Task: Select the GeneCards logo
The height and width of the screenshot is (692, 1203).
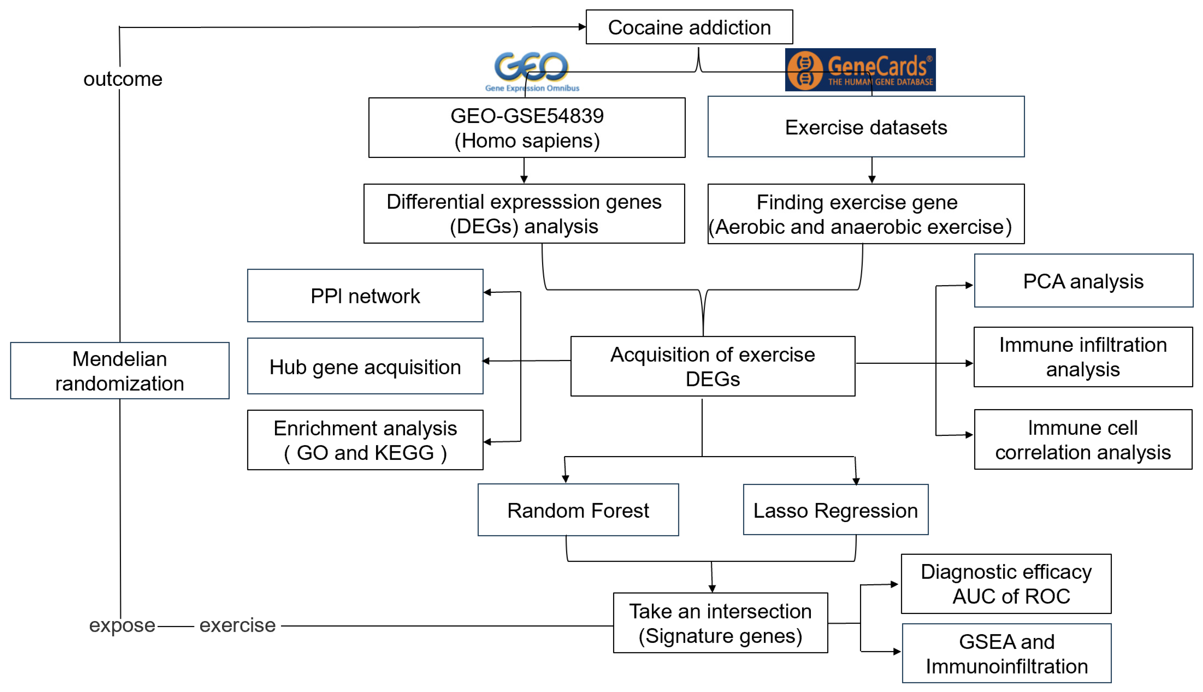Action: point(860,69)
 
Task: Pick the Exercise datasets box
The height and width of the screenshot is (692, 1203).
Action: point(866,127)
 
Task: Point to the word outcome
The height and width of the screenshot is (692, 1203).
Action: point(123,79)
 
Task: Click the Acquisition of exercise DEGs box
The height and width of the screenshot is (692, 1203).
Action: point(712,366)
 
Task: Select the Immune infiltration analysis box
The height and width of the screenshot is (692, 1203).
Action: point(1083,357)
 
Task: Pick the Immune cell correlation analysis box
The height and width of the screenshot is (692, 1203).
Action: point(1083,440)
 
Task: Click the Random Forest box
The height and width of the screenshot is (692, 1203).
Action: point(578,510)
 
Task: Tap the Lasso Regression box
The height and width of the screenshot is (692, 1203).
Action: point(835,510)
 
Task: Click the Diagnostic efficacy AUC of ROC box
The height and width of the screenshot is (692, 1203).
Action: point(1006,584)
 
